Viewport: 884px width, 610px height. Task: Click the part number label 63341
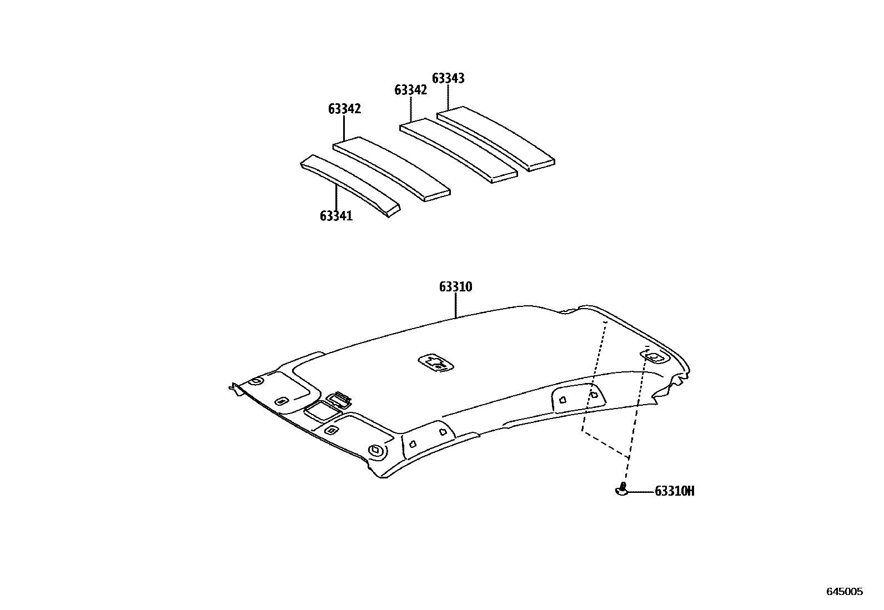tap(336, 215)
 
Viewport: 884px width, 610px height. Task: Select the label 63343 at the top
tap(448, 78)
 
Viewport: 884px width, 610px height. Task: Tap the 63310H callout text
tap(675, 491)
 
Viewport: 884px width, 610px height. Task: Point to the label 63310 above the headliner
tap(455, 287)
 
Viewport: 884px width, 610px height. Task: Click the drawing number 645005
tap(845, 592)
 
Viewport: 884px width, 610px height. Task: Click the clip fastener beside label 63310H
tap(622, 489)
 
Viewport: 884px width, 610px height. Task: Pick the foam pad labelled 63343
tap(496, 139)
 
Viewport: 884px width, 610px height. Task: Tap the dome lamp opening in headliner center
tap(435, 362)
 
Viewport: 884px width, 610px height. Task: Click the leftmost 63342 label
tap(344, 109)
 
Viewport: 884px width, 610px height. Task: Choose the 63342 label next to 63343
tap(411, 90)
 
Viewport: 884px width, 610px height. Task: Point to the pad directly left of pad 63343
tap(459, 150)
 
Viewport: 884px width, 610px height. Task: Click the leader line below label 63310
tap(455, 305)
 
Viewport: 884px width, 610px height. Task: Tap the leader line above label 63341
tap(336, 197)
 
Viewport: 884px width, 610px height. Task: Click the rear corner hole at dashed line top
tap(655, 357)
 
